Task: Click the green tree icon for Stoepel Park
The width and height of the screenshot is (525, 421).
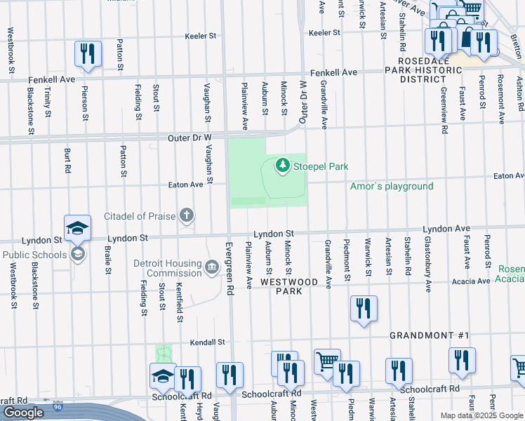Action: pyautogui.click(x=282, y=166)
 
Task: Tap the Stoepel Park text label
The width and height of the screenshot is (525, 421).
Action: pyautogui.click(x=321, y=166)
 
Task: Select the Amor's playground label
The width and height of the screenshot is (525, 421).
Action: pyautogui.click(x=392, y=186)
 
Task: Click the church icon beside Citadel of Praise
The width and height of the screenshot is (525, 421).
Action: pyautogui.click(x=187, y=215)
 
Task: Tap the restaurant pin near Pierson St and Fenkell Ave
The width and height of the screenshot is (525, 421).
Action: pyautogui.click(x=88, y=53)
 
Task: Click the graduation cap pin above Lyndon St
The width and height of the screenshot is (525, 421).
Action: pyautogui.click(x=77, y=227)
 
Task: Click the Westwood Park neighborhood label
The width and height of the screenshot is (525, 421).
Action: pyautogui.click(x=285, y=286)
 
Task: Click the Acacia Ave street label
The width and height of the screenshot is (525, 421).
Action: pyautogui.click(x=472, y=281)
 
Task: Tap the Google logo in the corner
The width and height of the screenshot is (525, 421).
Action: pyautogui.click(x=22, y=413)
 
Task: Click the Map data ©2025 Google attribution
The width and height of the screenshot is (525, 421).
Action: pyautogui.click(x=481, y=415)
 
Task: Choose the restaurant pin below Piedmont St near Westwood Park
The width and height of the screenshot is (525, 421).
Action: pyautogui.click(x=364, y=308)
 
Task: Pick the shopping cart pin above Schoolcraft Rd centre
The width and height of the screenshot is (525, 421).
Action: pyautogui.click(x=327, y=362)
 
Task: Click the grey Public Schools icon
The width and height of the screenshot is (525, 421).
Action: pyautogui.click(x=79, y=253)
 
